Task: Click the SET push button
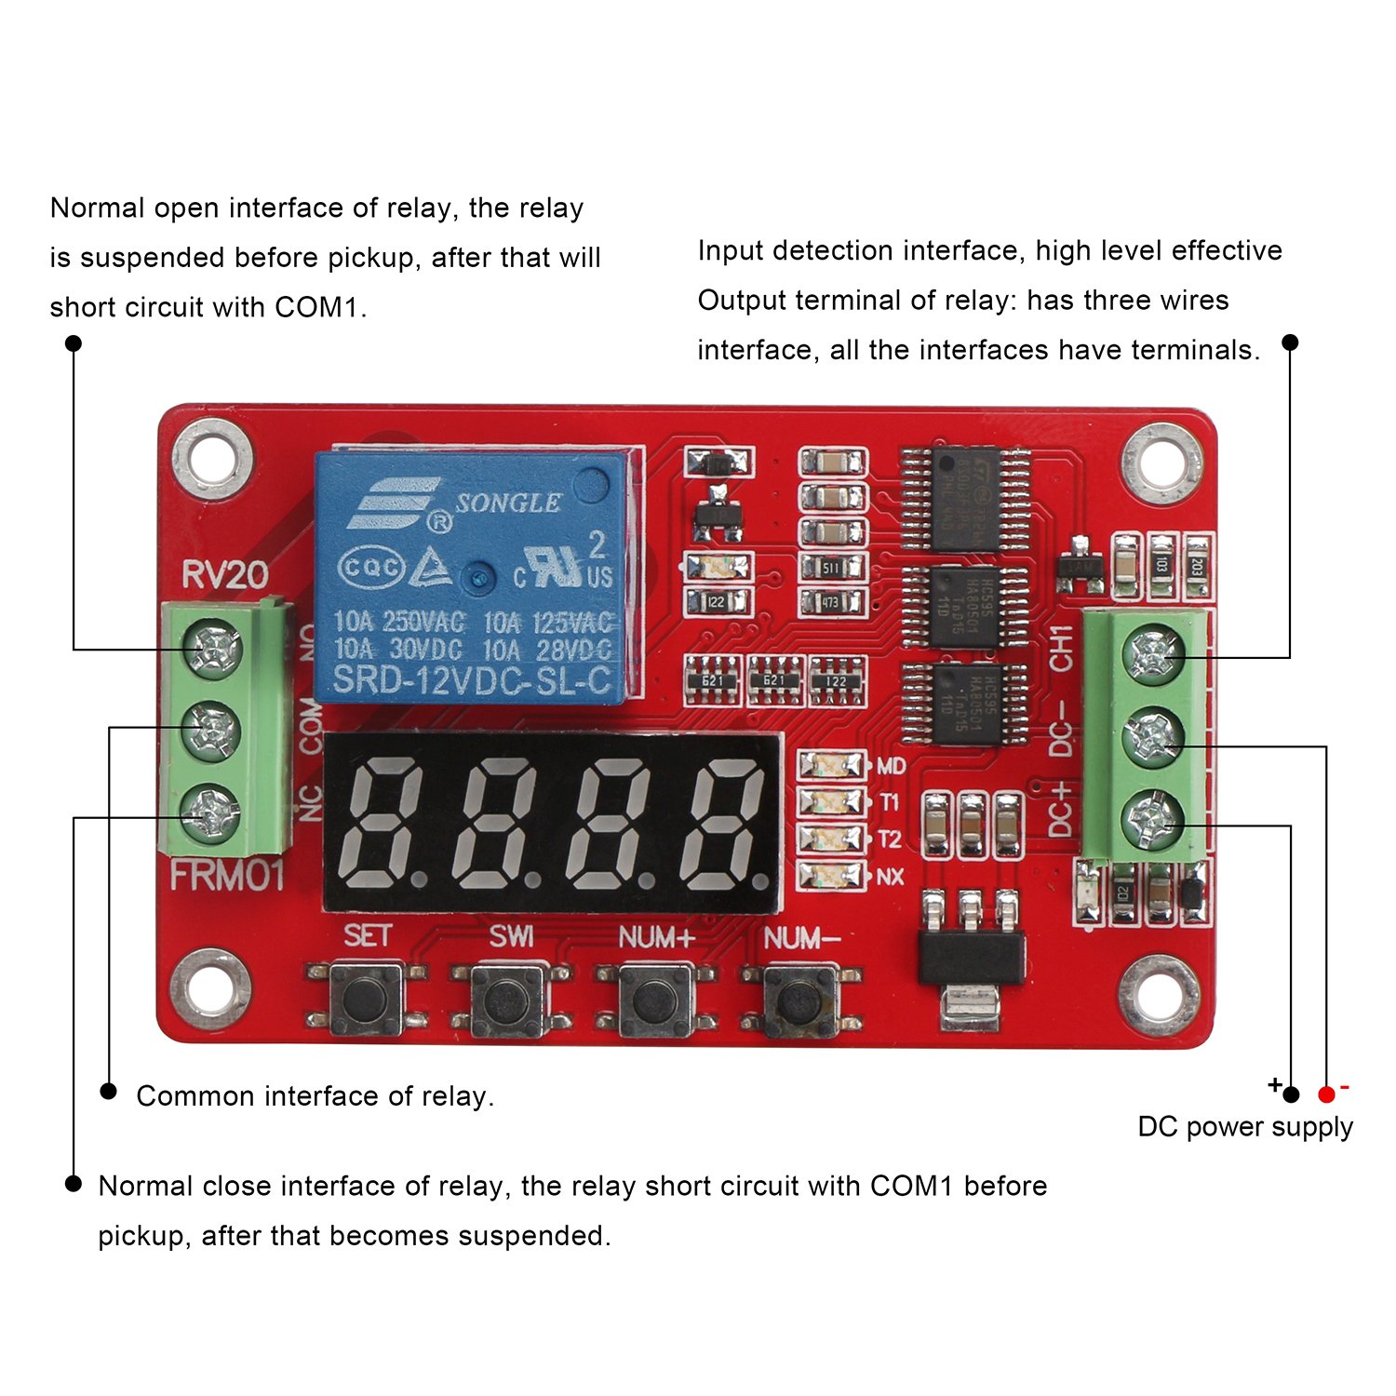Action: (366, 1000)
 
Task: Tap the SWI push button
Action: (510, 1000)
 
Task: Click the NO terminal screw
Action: (213, 648)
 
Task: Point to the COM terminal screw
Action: (211, 730)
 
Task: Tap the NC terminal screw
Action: (211, 812)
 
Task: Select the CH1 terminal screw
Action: (1153, 653)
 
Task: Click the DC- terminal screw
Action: (1152, 738)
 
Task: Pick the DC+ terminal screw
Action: (1152, 820)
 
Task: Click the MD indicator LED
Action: (830, 766)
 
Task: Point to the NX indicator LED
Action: (830, 876)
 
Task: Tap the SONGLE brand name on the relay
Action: (508, 503)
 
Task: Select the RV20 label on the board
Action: (224, 574)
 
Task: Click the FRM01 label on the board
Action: (226, 876)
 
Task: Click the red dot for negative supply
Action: (1326, 1094)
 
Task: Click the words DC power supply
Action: (1244, 1127)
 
